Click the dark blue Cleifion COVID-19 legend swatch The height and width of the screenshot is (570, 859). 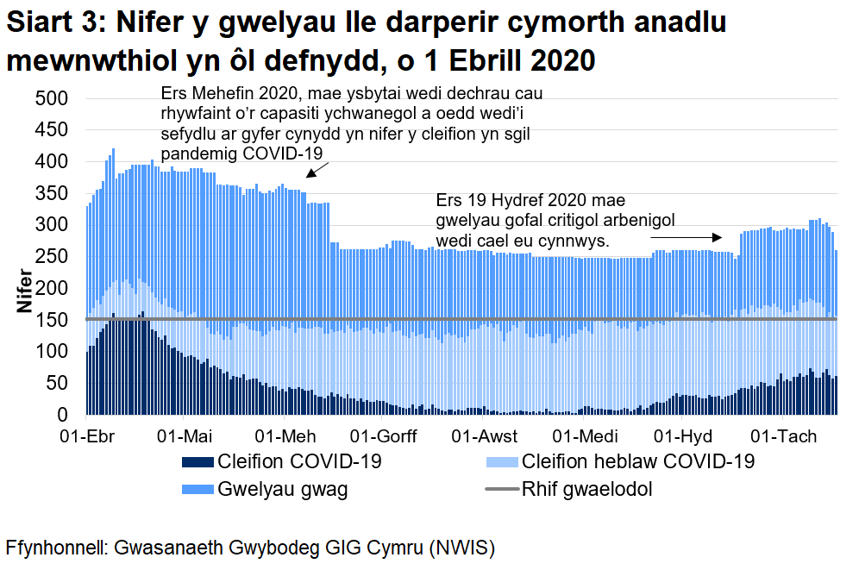click(201, 462)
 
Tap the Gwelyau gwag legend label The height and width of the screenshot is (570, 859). click(283, 491)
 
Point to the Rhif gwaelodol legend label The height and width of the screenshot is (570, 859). click(586, 491)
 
